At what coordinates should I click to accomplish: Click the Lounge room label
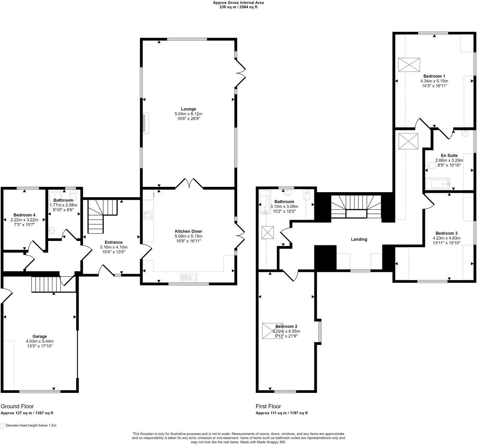(188, 109)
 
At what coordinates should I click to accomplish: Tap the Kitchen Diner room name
(188, 231)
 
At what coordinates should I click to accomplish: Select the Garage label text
(40, 336)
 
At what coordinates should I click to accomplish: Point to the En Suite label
(449, 155)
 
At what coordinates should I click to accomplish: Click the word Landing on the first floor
(359, 239)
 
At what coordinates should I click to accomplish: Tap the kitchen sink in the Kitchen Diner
(188, 277)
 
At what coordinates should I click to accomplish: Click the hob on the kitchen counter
(148, 215)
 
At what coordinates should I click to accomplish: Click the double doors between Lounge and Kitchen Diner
(189, 184)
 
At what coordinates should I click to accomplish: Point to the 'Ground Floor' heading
(17, 406)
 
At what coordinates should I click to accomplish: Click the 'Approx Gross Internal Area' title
(238, 3)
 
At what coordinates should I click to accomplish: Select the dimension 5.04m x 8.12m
(188, 114)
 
